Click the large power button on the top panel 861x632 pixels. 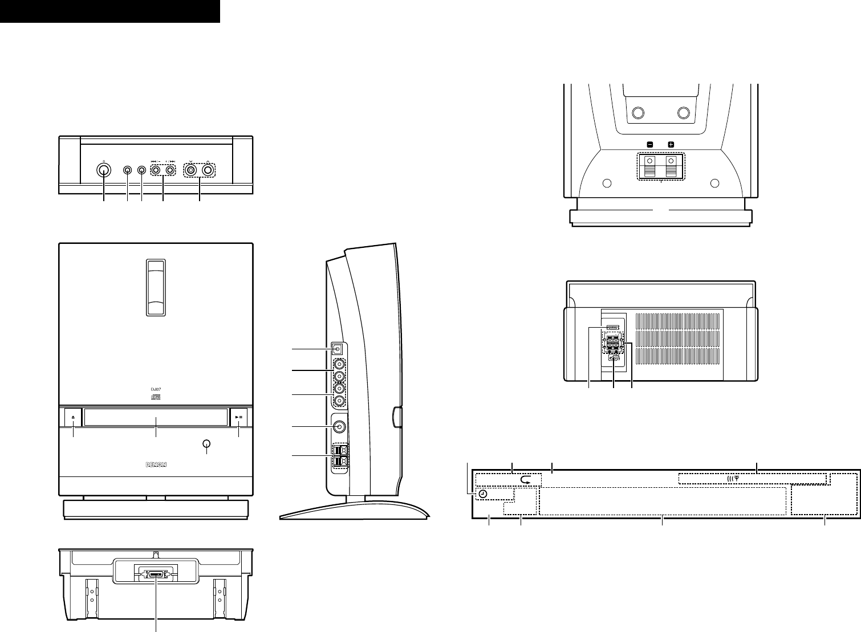coord(103,170)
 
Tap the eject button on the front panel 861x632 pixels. coord(74,417)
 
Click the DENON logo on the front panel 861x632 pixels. coord(156,464)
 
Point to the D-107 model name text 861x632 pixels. coord(156,389)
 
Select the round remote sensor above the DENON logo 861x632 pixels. coord(207,445)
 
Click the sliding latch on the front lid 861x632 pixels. coord(156,288)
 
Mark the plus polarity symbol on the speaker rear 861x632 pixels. coord(671,145)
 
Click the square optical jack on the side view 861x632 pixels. coord(339,349)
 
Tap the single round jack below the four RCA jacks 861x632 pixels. coord(339,426)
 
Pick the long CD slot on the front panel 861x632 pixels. coord(156,417)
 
